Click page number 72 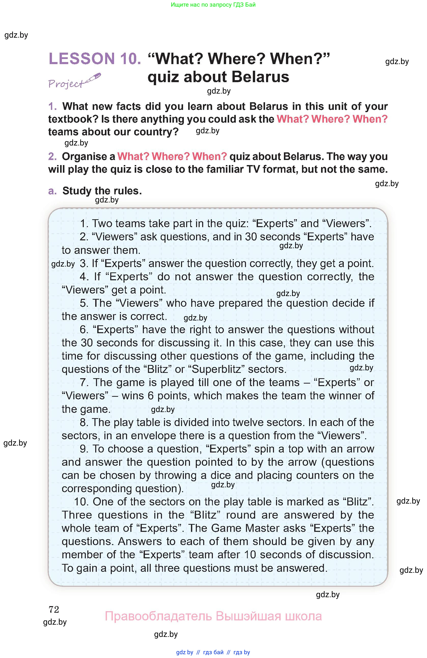point(54,609)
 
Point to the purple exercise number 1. point(52,106)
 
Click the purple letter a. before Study point(52,191)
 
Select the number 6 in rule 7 point(150,396)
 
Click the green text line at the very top point(213,5)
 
